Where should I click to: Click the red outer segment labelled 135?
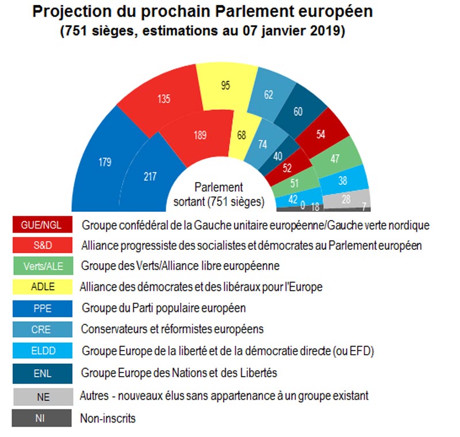pyautogui.click(x=164, y=99)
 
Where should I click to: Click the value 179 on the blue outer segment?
pyautogui.click(x=104, y=162)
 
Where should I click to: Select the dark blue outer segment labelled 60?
pyautogui.click(x=297, y=111)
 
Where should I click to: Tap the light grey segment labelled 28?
pyautogui.click(x=347, y=199)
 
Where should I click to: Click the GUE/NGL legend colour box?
pyautogui.click(x=43, y=225)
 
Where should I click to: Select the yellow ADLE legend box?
pyautogui.click(x=43, y=287)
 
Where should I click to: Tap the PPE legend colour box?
pyautogui.click(x=43, y=308)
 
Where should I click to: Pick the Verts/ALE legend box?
pyautogui.click(x=43, y=266)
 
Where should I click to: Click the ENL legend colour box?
pyautogui.click(x=43, y=373)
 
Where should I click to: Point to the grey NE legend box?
pyautogui.click(x=43, y=396)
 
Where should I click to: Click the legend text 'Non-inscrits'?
pyautogui.click(x=108, y=418)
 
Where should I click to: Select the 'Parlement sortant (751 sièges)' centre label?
pyautogui.click(x=218, y=195)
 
